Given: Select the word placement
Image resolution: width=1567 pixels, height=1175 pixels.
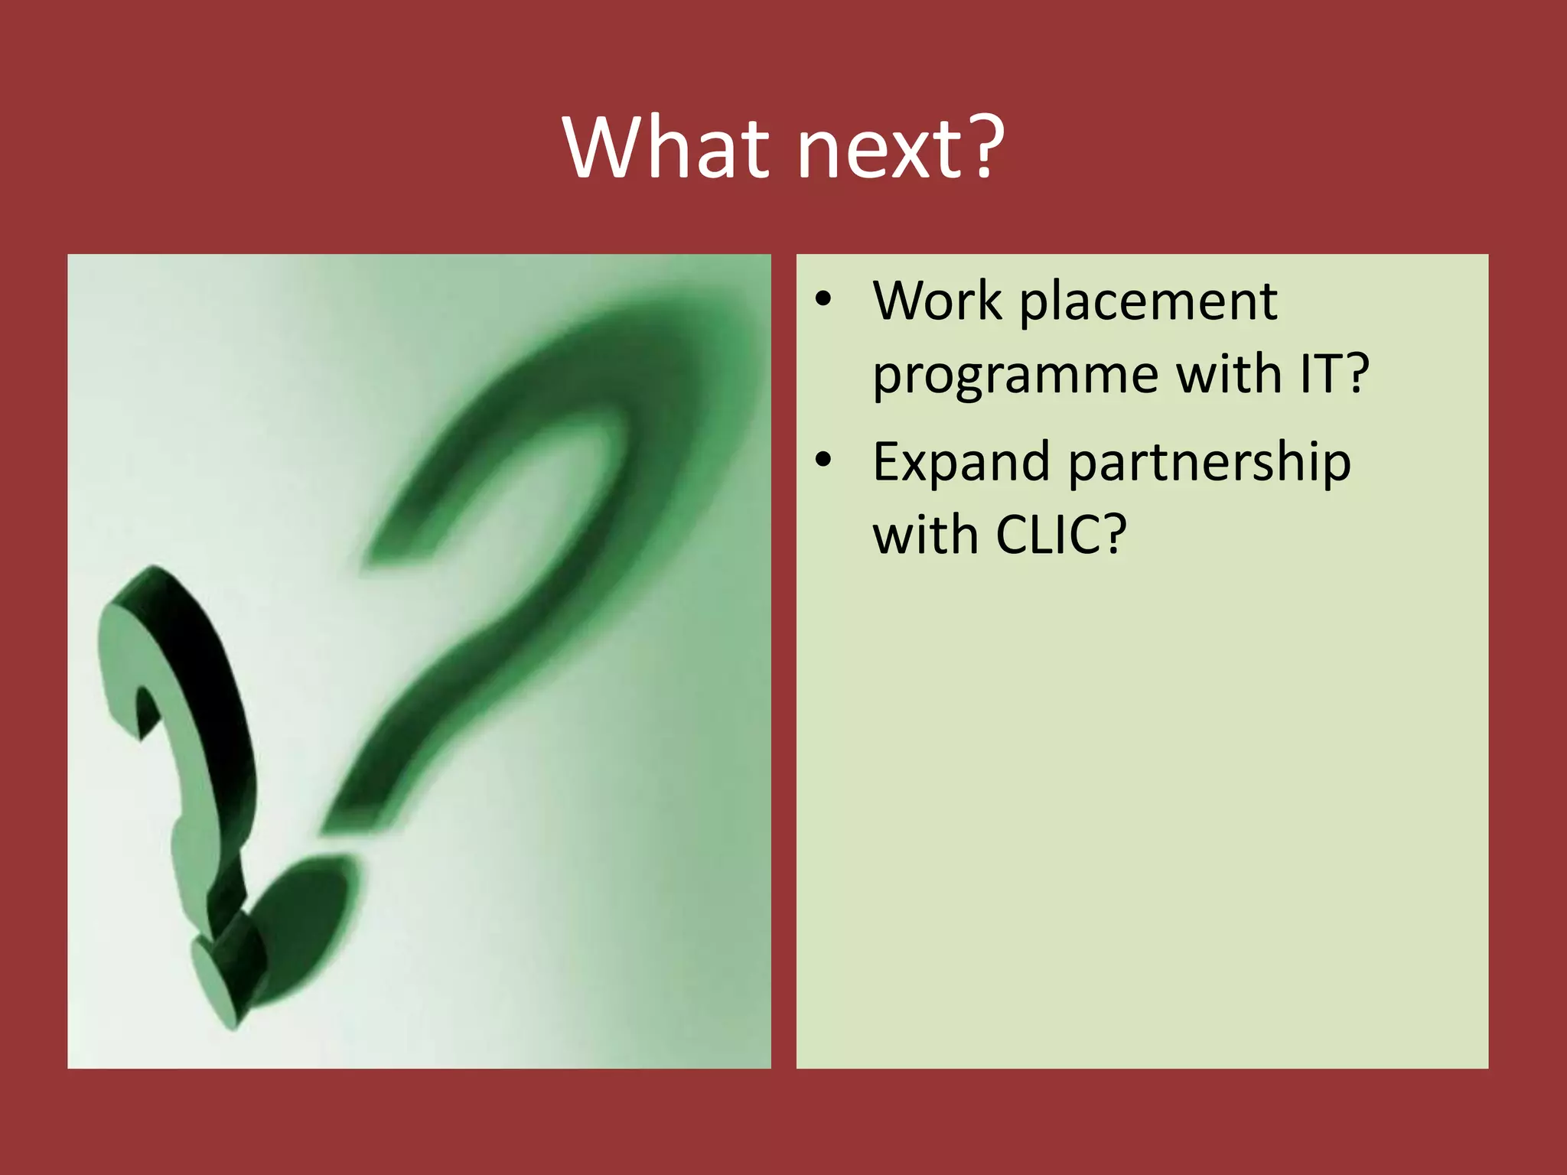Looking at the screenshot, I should (1148, 303).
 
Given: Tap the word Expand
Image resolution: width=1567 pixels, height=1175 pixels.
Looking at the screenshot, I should (961, 464).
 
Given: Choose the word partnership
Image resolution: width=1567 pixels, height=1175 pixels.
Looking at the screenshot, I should (1209, 464).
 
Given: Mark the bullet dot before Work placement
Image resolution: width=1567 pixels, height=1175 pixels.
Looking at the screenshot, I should (823, 300).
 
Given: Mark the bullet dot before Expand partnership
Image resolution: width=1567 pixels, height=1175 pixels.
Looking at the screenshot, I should (823, 461).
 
